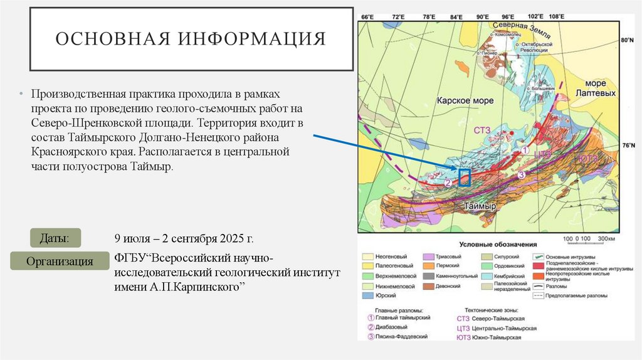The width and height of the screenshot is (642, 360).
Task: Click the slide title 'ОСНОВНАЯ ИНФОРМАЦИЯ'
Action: (191, 39)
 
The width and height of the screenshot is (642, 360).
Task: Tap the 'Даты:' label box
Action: (55, 238)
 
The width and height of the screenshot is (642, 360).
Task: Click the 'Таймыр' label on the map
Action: (481, 206)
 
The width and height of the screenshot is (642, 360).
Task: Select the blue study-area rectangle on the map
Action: (464, 178)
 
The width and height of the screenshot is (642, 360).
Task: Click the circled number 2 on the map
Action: (448, 183)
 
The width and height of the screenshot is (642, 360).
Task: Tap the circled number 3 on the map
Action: (520, 175)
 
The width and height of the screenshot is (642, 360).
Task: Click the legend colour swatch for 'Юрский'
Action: (367, 295)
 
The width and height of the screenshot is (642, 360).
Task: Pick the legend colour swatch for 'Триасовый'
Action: (429, 257)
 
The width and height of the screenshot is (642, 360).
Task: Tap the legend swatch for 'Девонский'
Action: (429, 286)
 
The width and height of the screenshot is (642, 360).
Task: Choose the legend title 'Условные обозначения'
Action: (498, 244)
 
